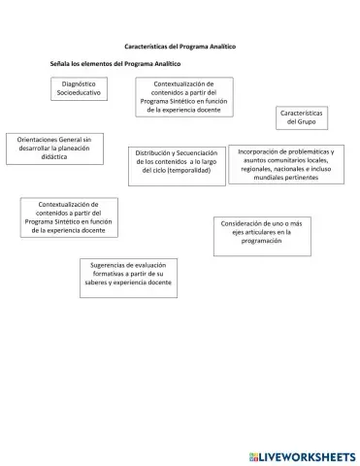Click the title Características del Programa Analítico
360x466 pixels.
(180, 46)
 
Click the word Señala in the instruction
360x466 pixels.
(63, 63)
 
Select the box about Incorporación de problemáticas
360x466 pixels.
(285, 166)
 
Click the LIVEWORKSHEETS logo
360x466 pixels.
(301, 454)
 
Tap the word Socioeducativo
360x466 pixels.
(81, 94)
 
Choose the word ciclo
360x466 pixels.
(156, 171)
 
